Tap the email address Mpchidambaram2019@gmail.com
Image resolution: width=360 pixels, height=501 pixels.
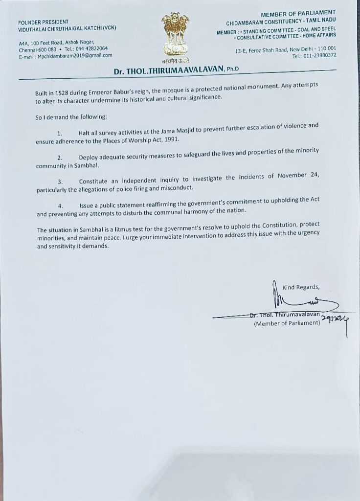[73, 55]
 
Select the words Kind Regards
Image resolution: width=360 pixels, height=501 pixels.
[301, 287]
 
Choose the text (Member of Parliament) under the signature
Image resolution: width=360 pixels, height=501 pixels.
[287, 324]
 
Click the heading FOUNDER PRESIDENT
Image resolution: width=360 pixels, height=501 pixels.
[43, 23]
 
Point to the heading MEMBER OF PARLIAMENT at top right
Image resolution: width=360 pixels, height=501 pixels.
[305, 13]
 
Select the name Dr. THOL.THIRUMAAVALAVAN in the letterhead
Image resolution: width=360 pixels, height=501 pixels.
[168, 71]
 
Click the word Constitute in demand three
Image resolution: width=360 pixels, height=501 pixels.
[96, 181]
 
